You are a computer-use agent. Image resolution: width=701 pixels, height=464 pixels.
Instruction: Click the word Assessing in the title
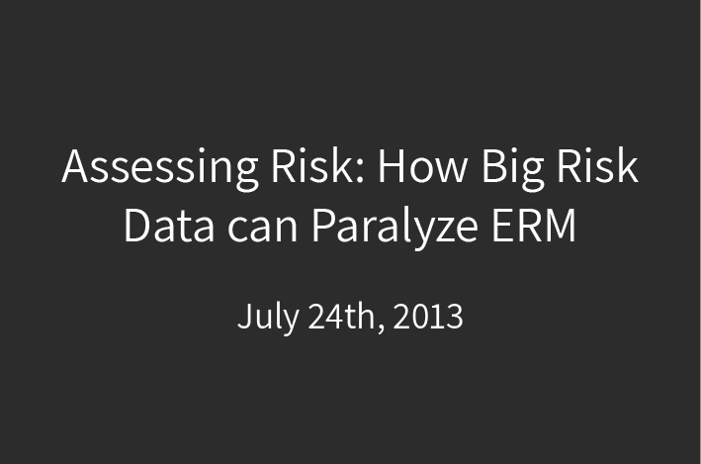160,169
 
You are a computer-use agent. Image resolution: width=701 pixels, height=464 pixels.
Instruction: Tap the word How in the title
422,165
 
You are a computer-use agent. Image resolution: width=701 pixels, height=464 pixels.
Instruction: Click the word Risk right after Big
597,164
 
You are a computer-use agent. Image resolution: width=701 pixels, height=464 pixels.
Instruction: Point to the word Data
169,225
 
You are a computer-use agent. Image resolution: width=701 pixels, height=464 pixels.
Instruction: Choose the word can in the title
262,230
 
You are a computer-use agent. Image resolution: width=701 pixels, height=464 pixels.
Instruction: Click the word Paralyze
394,228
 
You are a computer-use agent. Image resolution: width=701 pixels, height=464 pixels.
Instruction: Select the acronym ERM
533,225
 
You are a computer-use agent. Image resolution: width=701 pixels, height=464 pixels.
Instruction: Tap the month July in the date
268,318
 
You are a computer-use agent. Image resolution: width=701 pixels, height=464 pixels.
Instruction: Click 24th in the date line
342,316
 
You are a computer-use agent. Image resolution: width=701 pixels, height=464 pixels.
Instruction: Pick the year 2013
428,317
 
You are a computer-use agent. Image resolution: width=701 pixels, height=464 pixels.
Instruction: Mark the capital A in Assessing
74,165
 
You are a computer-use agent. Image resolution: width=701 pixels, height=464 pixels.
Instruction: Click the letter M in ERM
560,226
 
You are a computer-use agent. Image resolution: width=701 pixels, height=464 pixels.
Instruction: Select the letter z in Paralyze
441,230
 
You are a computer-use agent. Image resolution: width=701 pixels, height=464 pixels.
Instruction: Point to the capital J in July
244,316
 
